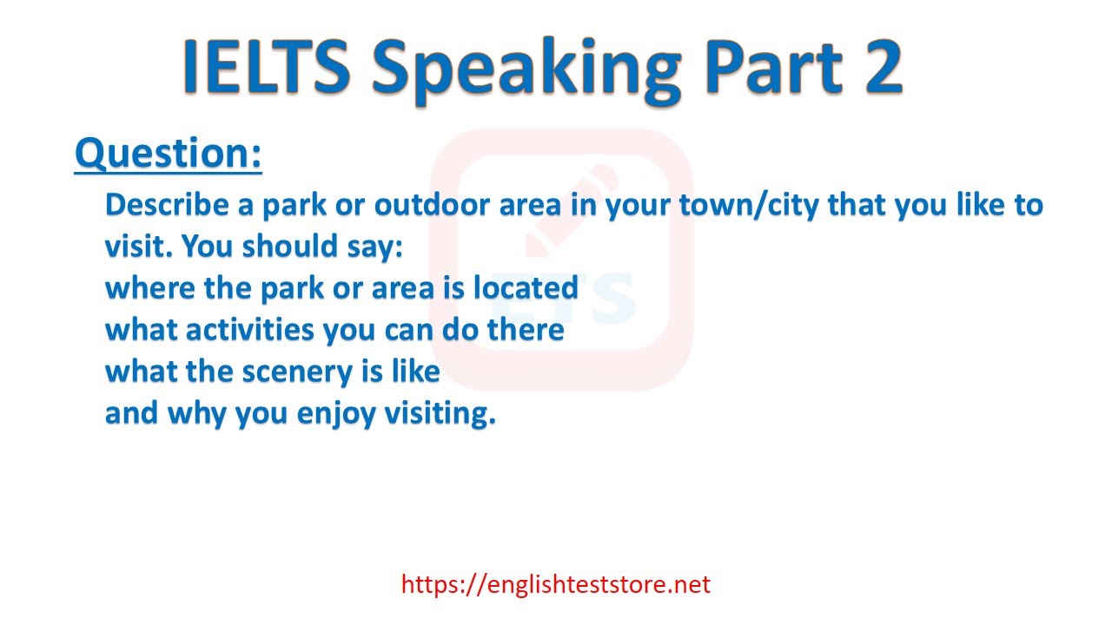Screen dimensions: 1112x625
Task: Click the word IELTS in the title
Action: (x=268, y=67)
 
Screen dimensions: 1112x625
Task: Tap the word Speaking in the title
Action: (x=526, y=70)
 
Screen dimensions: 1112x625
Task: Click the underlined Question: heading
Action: (x=169, y=154)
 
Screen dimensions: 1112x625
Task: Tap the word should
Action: (x=290, y=246)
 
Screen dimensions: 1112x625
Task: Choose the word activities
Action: (x=249, y=329)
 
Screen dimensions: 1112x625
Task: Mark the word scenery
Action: (x=297, y=372)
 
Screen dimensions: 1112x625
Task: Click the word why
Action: (x=196, y=414)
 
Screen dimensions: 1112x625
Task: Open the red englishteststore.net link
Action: (x=555, y=584)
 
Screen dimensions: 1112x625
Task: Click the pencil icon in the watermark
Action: (x=571, y=211)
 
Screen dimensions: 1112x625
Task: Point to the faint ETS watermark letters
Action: (x=564, y=298)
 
